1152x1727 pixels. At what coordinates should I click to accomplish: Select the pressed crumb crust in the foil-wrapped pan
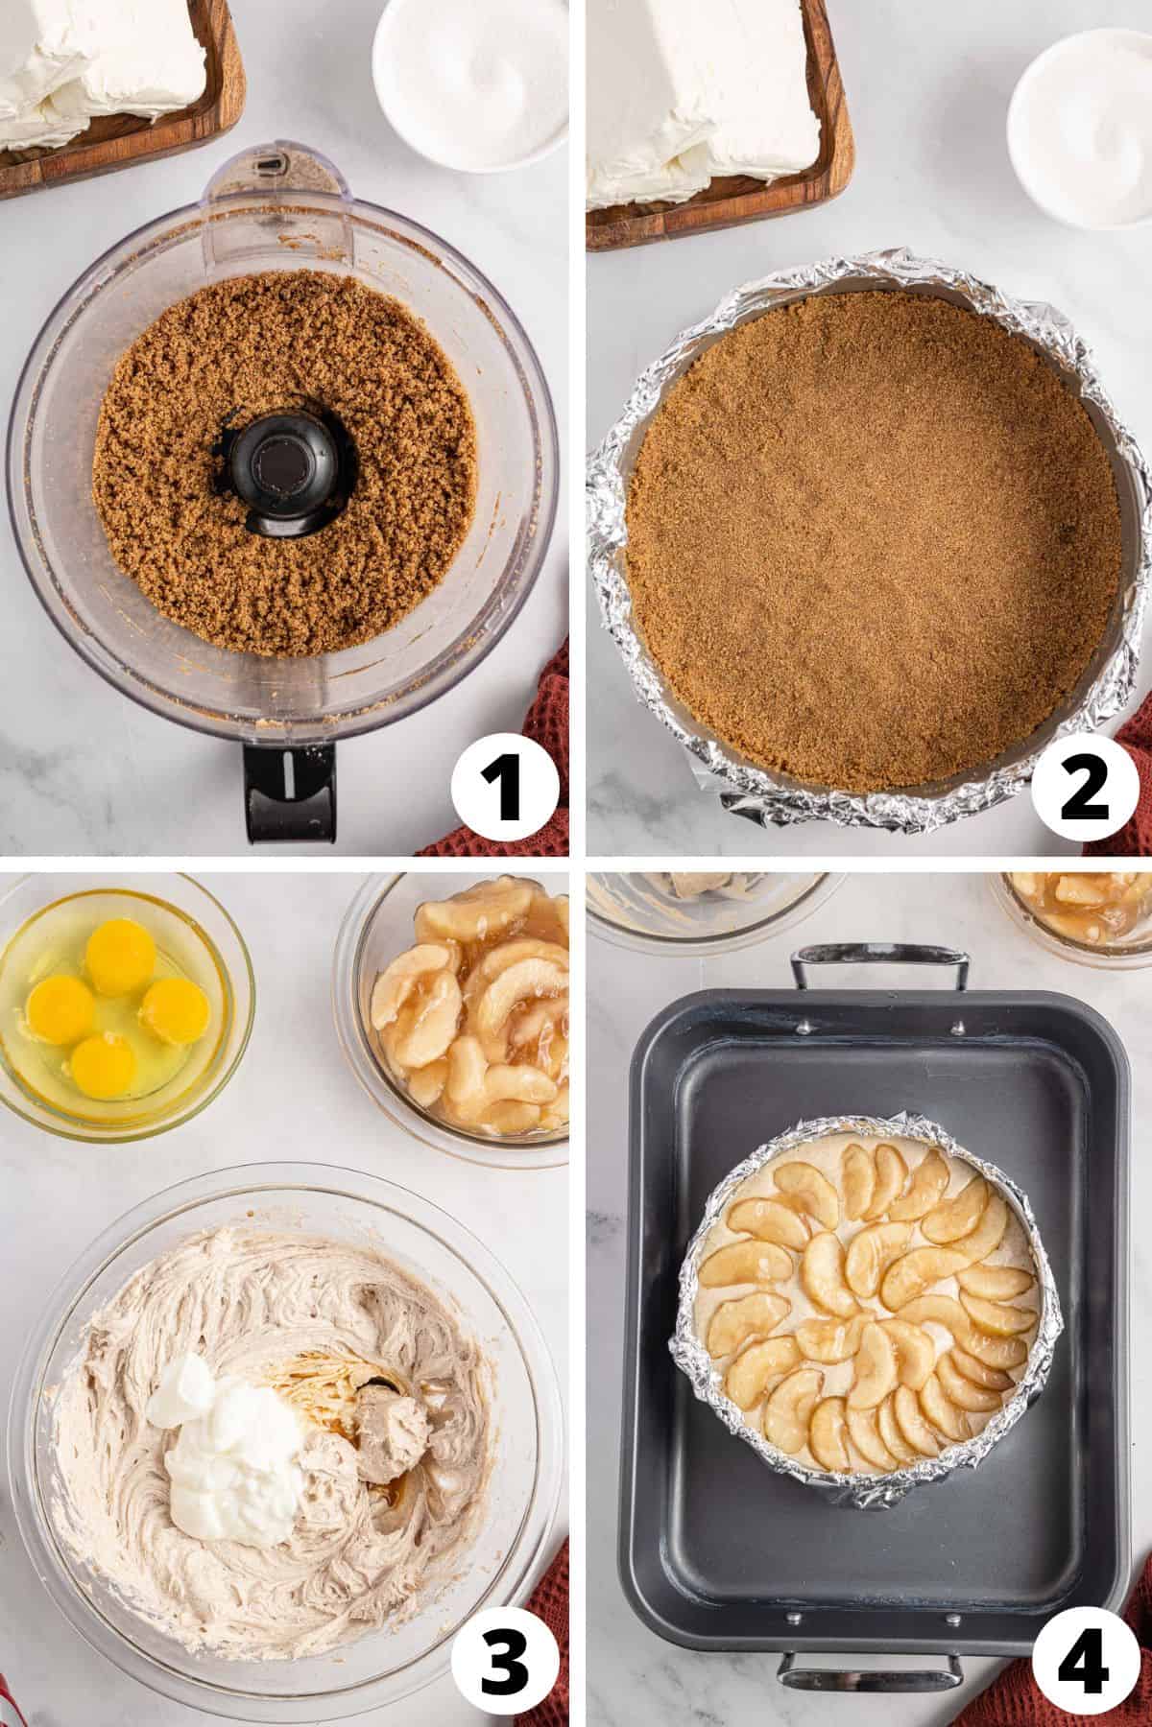click(x=869, y=537)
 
